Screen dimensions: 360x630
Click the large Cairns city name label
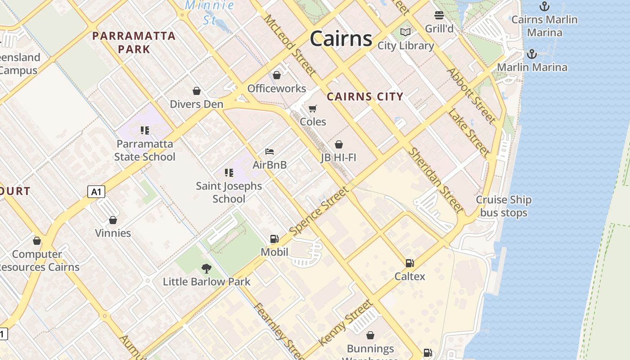(341, 39)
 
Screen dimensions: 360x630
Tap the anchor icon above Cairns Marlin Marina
(544, 6)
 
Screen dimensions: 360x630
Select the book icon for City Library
(405, 32)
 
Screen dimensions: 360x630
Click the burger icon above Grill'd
(439, 15)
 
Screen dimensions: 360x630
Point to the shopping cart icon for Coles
(313, 108)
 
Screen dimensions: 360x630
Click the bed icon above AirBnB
(270, 152)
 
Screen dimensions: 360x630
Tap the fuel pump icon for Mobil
(274, 239)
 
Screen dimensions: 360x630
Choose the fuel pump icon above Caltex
(409, 263)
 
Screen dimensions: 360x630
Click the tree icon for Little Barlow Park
(207, 269)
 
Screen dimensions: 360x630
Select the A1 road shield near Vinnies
(96, 192)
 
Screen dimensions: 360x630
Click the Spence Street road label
(319, 211)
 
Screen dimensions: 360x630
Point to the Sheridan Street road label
(435, 180)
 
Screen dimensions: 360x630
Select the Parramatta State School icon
(144, 130)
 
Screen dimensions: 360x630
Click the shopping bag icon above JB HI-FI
(338, 144)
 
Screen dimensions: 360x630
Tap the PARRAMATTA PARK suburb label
(134, 42)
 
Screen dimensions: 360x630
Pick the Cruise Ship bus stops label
(504, 206)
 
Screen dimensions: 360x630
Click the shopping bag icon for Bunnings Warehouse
(370, 335)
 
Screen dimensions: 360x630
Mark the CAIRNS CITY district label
(365, 96)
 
